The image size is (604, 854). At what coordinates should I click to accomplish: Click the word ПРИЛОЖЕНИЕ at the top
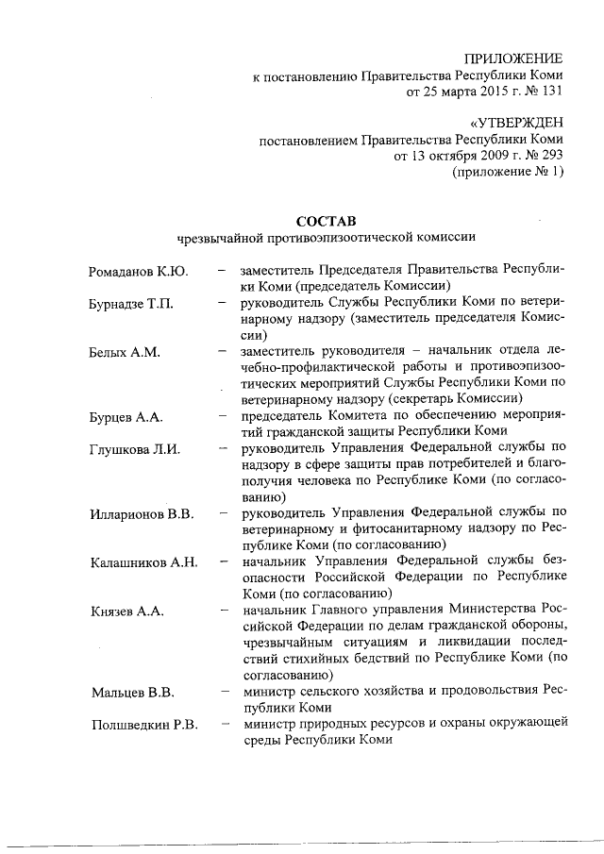[517, 59]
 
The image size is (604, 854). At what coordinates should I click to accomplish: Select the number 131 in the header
[550, 92]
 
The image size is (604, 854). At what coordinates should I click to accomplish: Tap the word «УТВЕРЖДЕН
[516, 123]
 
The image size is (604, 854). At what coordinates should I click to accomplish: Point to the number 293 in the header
[550, 156]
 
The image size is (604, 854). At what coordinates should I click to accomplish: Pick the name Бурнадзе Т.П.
[131, 304]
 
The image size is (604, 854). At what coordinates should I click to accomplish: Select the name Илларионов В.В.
[142, 513]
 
